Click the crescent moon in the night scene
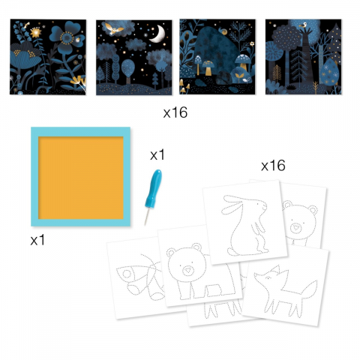159,34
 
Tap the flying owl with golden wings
114,29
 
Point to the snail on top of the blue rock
222,31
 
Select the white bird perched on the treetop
304,25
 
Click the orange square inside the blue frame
81,178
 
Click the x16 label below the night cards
175,112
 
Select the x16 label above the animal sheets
273,166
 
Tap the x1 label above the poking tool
157,155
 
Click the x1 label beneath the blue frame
37,240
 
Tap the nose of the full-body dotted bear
187,270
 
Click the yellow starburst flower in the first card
36,32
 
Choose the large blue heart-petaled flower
66,34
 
